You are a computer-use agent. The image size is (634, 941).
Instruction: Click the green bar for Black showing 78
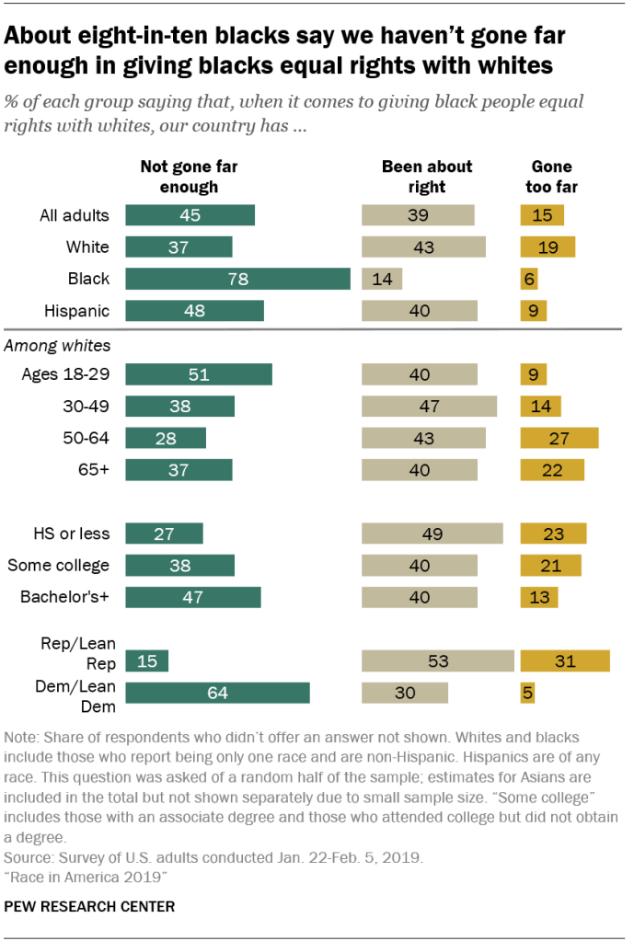point(237,279)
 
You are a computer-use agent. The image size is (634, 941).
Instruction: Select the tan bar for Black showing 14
point(382,279)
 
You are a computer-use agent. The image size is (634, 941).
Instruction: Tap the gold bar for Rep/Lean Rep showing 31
point(565,660)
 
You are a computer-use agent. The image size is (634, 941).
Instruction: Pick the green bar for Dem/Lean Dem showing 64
point(217,693)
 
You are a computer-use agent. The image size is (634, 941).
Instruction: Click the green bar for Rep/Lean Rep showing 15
point(146,660)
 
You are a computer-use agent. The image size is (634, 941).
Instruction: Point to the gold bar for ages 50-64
point(559,438)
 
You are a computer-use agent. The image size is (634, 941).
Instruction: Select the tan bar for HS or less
point(432,534)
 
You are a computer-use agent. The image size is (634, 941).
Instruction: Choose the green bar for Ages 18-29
point(198,374)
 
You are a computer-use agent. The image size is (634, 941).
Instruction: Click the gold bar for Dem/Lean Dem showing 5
point(528,693)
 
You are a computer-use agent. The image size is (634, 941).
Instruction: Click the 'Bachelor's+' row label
point(64,597)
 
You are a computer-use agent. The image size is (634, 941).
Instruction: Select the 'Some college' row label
point(58,566)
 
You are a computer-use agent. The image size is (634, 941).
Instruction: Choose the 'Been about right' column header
point(427,177)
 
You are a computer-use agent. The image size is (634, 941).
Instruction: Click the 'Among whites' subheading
point(58,346)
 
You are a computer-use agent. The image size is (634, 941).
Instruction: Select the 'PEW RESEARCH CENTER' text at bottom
point(89,906)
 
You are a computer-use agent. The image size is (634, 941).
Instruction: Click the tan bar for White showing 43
point(423,247)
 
